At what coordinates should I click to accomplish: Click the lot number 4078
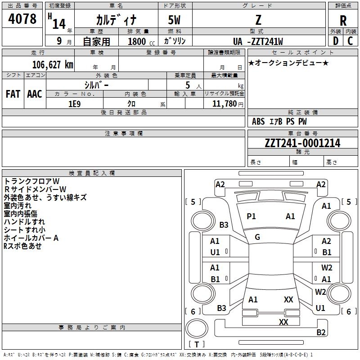(22, 18)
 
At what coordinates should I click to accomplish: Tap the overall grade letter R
(343, 20)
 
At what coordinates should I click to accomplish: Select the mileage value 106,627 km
(53, 65)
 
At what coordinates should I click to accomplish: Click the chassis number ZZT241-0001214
(302, 143)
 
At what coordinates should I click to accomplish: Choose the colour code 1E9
(75, 104)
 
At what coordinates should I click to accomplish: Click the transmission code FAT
(13, 94)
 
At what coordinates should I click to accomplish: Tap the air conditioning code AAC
(35, 94)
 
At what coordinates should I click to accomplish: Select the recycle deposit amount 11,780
(224, 104)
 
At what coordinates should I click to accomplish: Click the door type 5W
(174, 20)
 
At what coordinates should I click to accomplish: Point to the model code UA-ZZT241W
(258, 41)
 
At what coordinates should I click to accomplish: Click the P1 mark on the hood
(251, 216)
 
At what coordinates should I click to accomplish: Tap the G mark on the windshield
(257, 237)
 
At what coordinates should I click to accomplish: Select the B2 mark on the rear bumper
(321, 332)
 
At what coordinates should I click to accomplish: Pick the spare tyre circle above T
(197, 328)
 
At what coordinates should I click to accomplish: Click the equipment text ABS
(258, 121)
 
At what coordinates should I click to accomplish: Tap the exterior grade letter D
(335, 41)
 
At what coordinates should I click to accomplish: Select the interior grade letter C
(350, 41)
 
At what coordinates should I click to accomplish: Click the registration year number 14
(59, 24)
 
